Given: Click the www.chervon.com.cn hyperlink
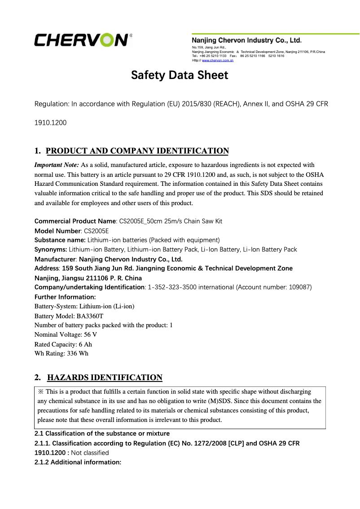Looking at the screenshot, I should pos(218,60).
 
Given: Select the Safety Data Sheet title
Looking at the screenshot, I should pos(180,75).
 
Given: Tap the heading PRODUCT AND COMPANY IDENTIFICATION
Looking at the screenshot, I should pos(137,151).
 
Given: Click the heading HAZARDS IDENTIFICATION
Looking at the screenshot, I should pos(105,377).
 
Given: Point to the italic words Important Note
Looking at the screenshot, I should pos(57,165).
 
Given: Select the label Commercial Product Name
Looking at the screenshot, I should pos(75,221).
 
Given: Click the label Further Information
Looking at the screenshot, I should pos(59,297).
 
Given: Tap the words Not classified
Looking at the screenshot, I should pos(90,452).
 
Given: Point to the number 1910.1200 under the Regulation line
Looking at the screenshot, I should pos(51,123).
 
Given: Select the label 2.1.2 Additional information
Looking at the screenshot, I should pos(78,462).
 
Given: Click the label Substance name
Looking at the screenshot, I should pos(60,240).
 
